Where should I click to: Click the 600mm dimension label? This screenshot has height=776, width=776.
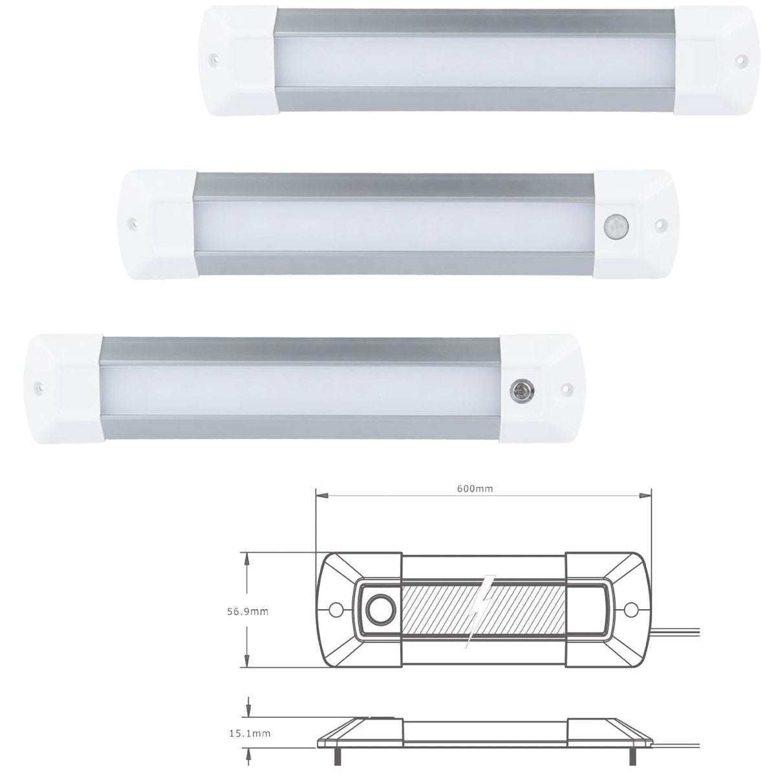[x=483, y=489]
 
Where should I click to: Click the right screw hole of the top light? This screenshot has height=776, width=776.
[x=739, y=59]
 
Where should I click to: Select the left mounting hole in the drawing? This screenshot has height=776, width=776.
[x=335, y=609]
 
